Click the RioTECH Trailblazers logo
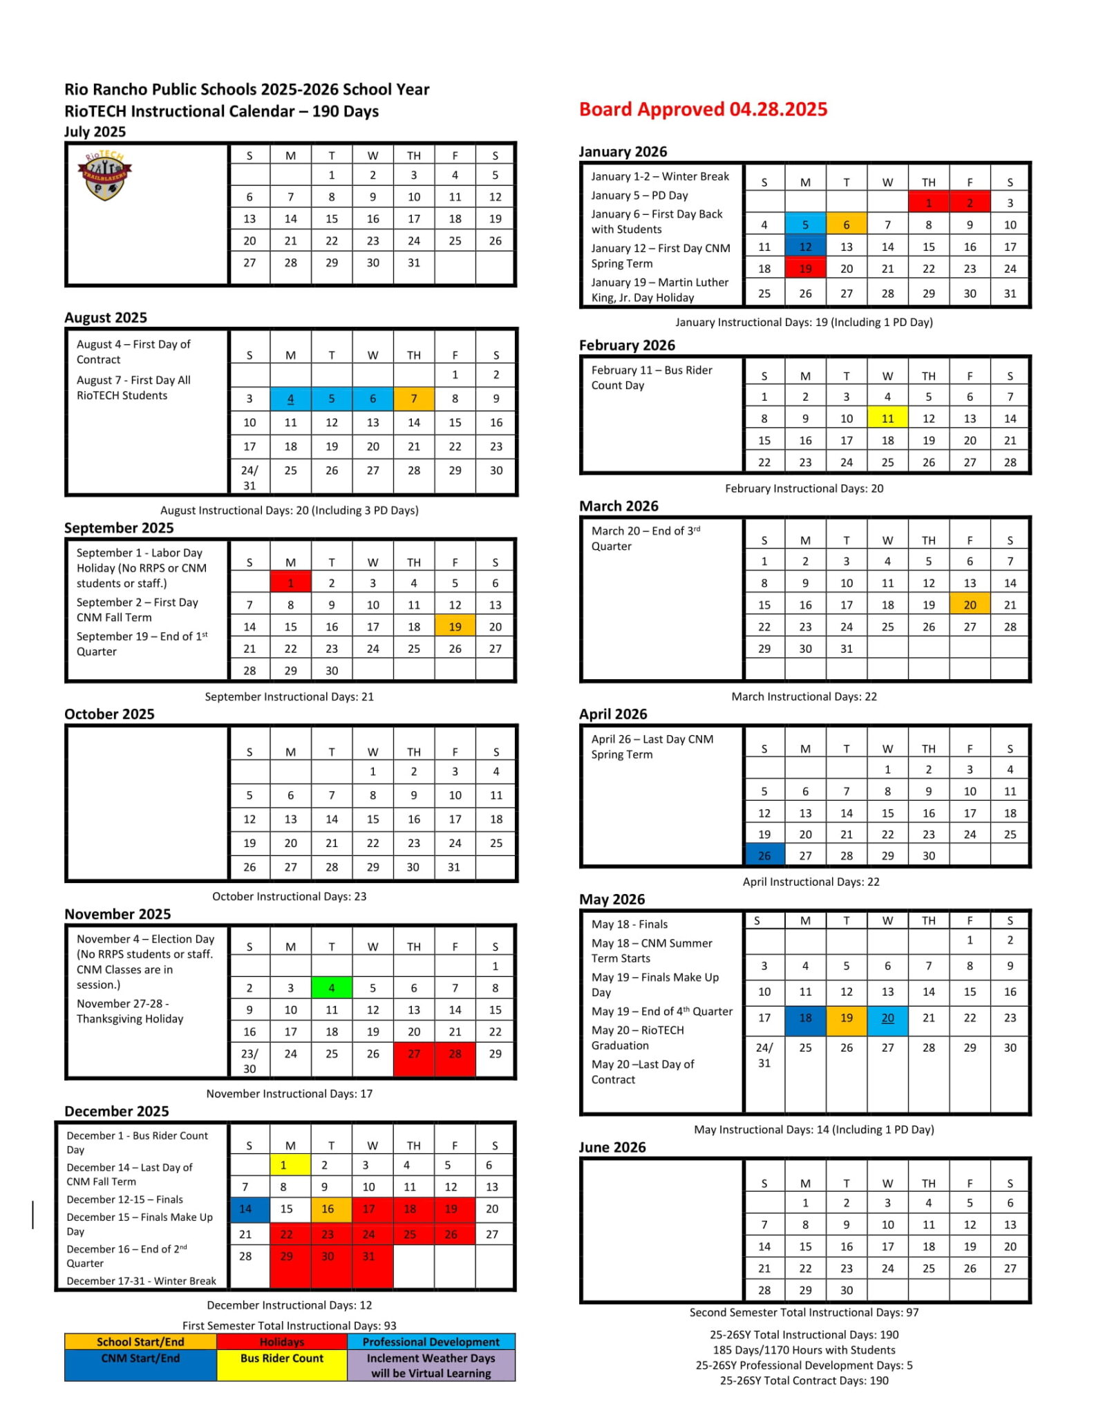[104, 175]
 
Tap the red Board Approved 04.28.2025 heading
[703, 109]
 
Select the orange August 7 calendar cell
[414, 399]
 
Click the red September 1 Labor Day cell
[290, 582]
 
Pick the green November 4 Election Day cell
[332, 988]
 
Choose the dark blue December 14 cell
[245, 1209]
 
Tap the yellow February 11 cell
[887, 418]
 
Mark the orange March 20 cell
[970, 605]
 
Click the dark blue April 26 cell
[764, 855]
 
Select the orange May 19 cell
[847, 1018]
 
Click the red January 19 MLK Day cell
[805, 269]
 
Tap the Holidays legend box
[282, 1342]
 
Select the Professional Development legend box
[431, 1342]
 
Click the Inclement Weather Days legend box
[431, 1365]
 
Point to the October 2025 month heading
[109, 714]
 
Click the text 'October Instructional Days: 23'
[289, 896]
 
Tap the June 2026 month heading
[612, 1147]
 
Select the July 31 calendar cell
[414, 263]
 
